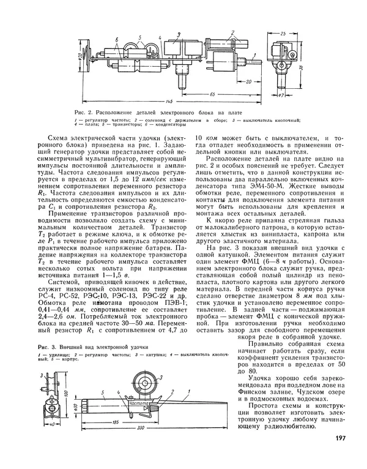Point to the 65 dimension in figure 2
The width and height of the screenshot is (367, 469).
click(211, 94)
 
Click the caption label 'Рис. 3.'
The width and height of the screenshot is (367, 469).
click(38, 348)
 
